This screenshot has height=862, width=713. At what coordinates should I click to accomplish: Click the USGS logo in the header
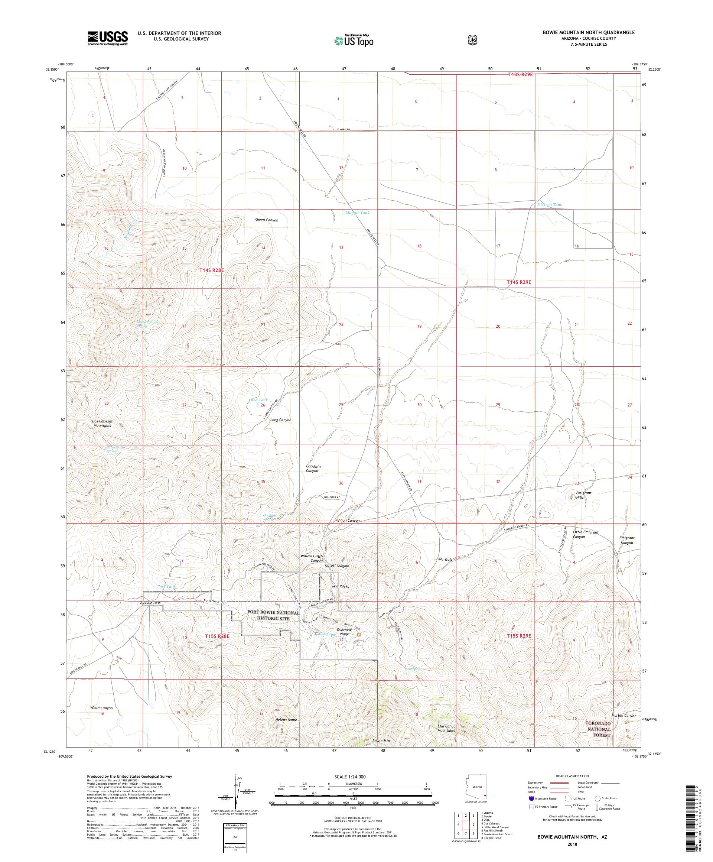point(107,39)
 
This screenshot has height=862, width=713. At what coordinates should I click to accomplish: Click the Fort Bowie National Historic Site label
point(274,615)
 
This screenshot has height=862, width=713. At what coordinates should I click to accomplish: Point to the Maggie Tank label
point(357,213)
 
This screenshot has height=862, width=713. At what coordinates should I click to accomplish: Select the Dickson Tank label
point(549,204)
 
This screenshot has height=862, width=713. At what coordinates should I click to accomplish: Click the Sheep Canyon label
point(266,220)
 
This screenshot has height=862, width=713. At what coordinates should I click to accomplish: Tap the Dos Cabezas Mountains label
point(102,423)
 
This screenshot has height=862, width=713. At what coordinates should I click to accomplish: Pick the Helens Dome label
point(286,720)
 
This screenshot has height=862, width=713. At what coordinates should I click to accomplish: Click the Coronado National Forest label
point(598,729)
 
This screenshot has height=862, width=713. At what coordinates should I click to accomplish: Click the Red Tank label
point(259,400)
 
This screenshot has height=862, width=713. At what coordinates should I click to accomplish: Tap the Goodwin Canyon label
point(313,469)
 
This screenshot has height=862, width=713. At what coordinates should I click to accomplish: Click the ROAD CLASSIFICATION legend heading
point(572,776)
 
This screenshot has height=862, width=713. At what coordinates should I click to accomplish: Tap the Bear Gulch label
point(445,560)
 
